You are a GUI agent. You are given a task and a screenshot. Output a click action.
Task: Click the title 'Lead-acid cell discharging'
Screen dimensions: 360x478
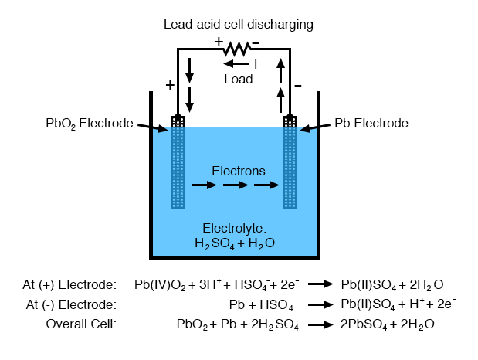[238, 25]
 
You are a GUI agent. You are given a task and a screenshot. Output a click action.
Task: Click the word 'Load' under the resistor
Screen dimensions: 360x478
[239, 79]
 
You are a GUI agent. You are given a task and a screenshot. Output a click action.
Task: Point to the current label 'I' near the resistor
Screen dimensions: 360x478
[256, 65]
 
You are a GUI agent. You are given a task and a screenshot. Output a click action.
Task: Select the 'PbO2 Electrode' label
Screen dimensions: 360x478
[89, 124]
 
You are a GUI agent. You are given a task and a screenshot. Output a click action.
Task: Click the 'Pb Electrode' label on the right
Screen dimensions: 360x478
[371, 124]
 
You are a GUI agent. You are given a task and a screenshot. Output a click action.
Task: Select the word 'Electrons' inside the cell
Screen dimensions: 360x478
[239, 171]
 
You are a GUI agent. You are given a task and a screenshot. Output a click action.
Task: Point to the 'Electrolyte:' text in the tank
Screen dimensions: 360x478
[234, 229]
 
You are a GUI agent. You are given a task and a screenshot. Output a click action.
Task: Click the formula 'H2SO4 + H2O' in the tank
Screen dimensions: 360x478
[235, 243]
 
